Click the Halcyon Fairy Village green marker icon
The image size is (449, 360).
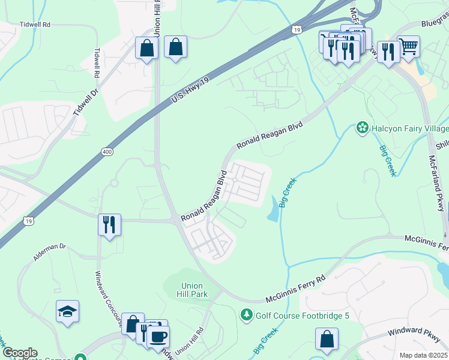[362, 128]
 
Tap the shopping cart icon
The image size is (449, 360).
[408, 46]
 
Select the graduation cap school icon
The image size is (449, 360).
[68, 311]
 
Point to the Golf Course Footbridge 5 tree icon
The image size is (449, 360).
[246, 315]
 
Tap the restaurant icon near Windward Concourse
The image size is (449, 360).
[109, 225]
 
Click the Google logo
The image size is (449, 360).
[19, 352]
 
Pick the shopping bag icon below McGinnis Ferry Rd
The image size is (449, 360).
[326, 339]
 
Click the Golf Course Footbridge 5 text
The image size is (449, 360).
[302, 316]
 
